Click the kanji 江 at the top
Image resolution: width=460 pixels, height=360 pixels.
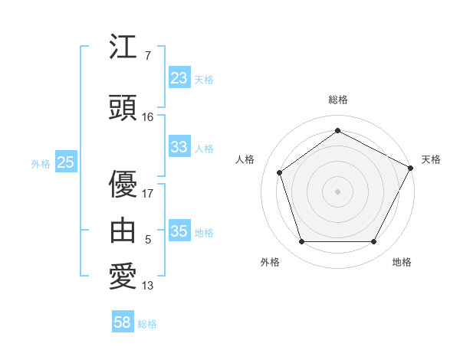coord(123,47)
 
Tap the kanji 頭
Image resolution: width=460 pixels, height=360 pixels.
coord(123,108)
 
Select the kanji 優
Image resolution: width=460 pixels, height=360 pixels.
coord(123,184)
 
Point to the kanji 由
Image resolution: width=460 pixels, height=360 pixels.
coord(123,230)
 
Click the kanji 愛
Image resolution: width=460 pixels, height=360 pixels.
coord(123,277)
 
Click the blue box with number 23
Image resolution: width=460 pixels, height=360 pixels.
coord(179,77)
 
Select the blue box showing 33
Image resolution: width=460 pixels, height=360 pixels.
coord(179,147)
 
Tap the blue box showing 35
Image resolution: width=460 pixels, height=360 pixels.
coord(179,231)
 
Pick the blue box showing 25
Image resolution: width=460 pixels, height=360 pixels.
coord(65,162)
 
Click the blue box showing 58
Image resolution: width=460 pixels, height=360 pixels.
coord(123,322)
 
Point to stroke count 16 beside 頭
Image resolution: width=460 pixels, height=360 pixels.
coord(148,116)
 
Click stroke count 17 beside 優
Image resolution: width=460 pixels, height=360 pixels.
coord(148,193)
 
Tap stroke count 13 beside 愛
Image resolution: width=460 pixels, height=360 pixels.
coord(148,286)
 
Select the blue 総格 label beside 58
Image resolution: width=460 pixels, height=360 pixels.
coord(147,324)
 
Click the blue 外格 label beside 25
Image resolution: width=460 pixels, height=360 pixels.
coord(41,163)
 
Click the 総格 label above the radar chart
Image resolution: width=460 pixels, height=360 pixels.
coord(337,100)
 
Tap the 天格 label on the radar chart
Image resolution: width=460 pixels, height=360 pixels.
coord(431,159)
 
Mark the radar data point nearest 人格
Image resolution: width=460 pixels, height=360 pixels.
coord(280,172)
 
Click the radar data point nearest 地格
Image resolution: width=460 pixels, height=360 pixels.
coord(373,241)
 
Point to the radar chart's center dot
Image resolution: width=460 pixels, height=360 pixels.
coord(337,191)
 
